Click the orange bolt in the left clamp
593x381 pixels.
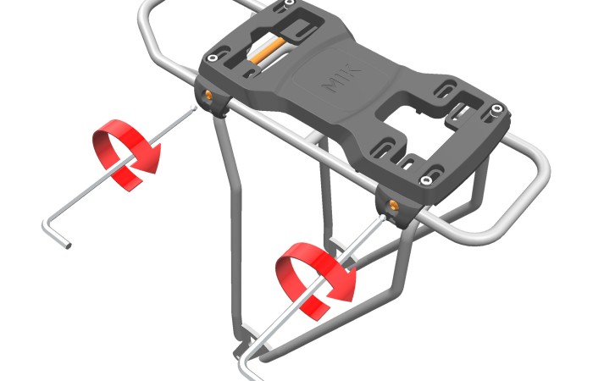[208, 95]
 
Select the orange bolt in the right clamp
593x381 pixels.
[391, 205]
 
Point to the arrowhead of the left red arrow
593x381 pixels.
[148, 159]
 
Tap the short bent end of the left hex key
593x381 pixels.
[57, 234]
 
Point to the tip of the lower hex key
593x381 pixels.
[383, 217]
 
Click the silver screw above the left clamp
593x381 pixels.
[213, 58]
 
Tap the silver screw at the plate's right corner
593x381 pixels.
[497, 109]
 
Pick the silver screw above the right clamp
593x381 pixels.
[426, 180]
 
